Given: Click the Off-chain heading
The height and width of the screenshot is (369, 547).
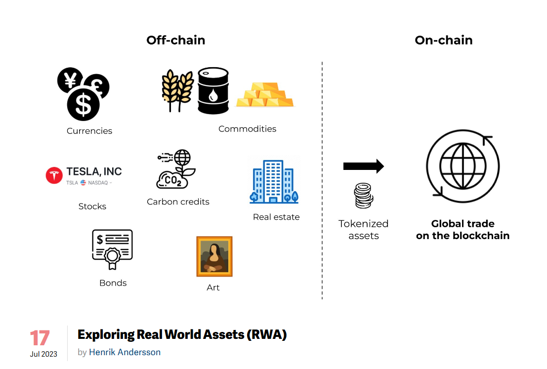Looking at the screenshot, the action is click(175, 40).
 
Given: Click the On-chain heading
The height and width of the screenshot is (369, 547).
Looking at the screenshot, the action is click(443, 40).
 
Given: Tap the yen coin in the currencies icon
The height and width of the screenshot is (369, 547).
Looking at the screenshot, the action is click(70, 80).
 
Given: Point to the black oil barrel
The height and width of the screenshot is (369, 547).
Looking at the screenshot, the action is click(213, 91).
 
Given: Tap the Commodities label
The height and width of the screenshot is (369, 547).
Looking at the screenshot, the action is click(247, 129).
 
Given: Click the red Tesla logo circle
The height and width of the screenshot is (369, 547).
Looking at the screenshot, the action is click(54, 175).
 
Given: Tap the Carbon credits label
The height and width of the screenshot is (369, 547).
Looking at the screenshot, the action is click(178, 202).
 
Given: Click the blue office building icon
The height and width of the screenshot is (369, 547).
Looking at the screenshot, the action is click(274, 181).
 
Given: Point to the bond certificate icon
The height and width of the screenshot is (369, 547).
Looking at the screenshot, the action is click(113, 248).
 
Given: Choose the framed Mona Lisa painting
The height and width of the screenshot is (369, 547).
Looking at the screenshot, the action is click(214, 256).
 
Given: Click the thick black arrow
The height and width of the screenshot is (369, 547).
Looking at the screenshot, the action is click(363, 166).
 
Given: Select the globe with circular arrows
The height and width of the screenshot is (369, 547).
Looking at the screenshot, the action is click(463, 166).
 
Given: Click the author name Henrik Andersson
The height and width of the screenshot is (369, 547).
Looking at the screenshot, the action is click(125, 352).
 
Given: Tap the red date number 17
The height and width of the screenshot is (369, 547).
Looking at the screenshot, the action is click(40, 338).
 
